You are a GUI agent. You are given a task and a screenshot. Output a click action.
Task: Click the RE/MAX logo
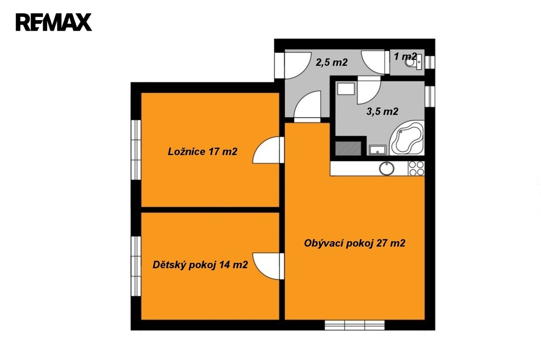[53, 22]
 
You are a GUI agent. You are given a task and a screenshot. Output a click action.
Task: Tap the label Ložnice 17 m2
[202, 151]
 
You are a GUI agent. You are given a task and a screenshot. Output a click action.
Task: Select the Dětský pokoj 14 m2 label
[200, 265]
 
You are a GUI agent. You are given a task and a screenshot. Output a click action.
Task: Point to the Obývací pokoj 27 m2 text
[355, 243]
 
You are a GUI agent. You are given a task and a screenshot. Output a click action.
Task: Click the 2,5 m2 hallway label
[332, 62]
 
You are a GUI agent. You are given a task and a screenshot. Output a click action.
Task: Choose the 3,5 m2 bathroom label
[383, 111]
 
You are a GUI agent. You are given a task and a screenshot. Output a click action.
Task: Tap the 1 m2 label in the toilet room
[405, 56]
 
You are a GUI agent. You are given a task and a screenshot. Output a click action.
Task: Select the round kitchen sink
[387, 168]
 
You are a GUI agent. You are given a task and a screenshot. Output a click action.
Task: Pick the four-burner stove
[416, 168]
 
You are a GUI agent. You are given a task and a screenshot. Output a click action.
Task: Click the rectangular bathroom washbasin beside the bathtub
[377, 150]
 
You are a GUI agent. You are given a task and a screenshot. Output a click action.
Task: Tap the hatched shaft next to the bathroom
[348, 148]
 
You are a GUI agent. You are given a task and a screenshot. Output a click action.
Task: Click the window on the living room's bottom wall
[355, 325]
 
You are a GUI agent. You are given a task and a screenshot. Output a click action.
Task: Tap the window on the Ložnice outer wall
[136, 150]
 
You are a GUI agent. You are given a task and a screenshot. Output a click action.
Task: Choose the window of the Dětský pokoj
[136, 266]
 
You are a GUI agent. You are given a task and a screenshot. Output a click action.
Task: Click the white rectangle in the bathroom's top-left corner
[346, 89]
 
